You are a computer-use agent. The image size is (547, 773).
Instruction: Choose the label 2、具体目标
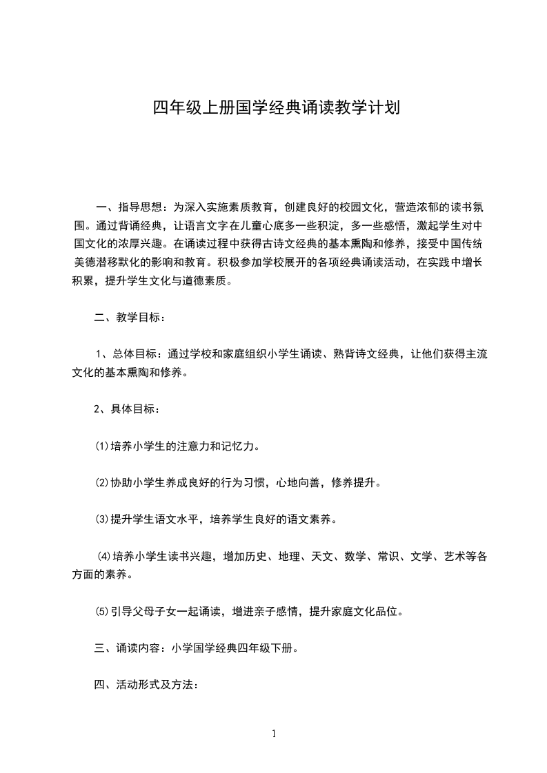click(x=128, y=409)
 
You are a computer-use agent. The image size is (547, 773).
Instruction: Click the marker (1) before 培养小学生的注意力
click(x=101, y=446)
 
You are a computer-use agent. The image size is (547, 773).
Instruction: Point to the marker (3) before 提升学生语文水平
click(x=101, y=519)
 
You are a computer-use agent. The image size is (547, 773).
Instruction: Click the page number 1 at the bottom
click(x=274, y=734)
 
